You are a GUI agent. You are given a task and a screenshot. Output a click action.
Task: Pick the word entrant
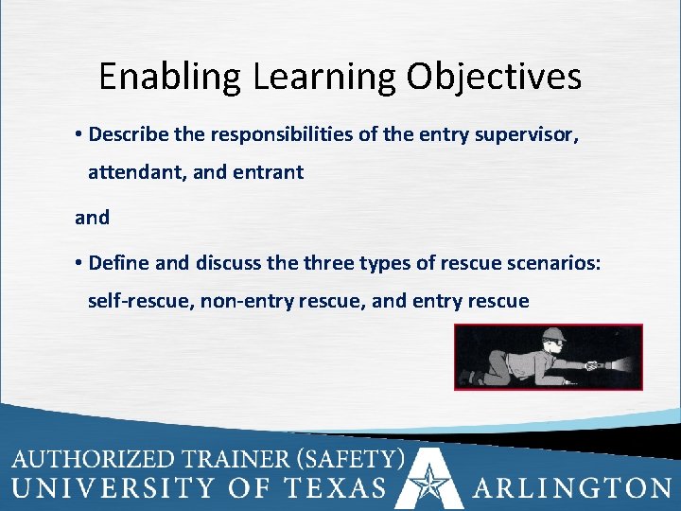[272, 173]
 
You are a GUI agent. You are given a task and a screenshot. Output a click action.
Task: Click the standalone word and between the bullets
[92, 217]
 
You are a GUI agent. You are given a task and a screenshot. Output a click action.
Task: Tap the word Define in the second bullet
[117, 262]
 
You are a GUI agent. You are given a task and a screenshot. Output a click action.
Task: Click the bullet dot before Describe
[79, 134]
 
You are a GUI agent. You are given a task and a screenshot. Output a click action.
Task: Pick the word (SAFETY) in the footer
[350, 460]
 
